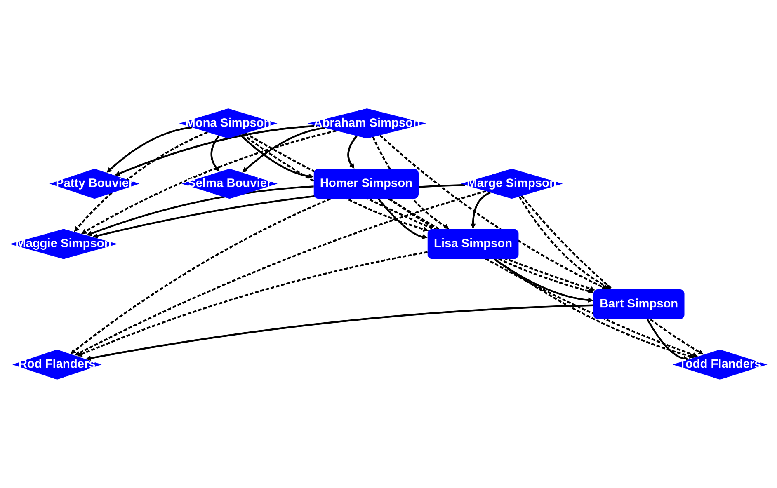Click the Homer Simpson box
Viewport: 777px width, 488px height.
click(x=366, y=183)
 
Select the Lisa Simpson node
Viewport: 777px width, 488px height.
click(x=473, y=244)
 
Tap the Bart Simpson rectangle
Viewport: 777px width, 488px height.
click(x=638, y=304)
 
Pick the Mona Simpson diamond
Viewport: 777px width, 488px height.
click(x=228, y=123)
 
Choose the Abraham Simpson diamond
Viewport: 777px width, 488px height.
click(x=367, y=123)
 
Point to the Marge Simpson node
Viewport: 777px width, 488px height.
click(x=511, y=183)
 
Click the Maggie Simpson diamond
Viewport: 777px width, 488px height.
click(x=64, y=244)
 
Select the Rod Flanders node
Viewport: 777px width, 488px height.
click(x=57, y=364)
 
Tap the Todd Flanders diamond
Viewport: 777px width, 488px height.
click(x=720, y=364)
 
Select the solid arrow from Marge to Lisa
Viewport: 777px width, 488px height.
click(x=475, y=206)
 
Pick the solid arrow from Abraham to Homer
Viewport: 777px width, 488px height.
click(x=349, y=152)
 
